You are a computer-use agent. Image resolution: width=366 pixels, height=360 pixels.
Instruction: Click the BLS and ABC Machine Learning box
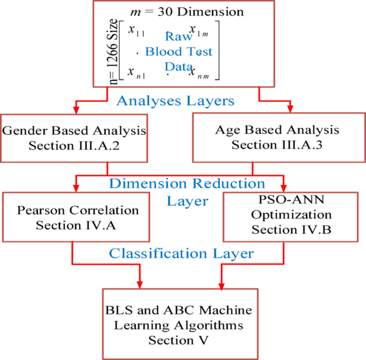tap(180, 323)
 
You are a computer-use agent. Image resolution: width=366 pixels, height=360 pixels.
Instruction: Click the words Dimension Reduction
tap(186, 184)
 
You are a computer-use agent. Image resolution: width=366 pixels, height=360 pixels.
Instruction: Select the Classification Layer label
tap(181, 254)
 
